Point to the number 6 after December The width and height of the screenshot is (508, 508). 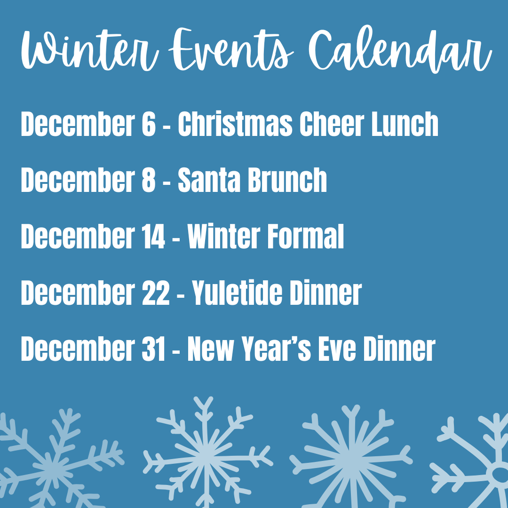(147, 124)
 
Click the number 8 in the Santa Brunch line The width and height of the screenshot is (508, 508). (147, 180)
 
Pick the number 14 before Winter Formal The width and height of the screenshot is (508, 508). (152, 237)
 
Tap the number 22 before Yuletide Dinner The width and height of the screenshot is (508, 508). (155, 293)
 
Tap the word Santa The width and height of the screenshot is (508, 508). (209, 180)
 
